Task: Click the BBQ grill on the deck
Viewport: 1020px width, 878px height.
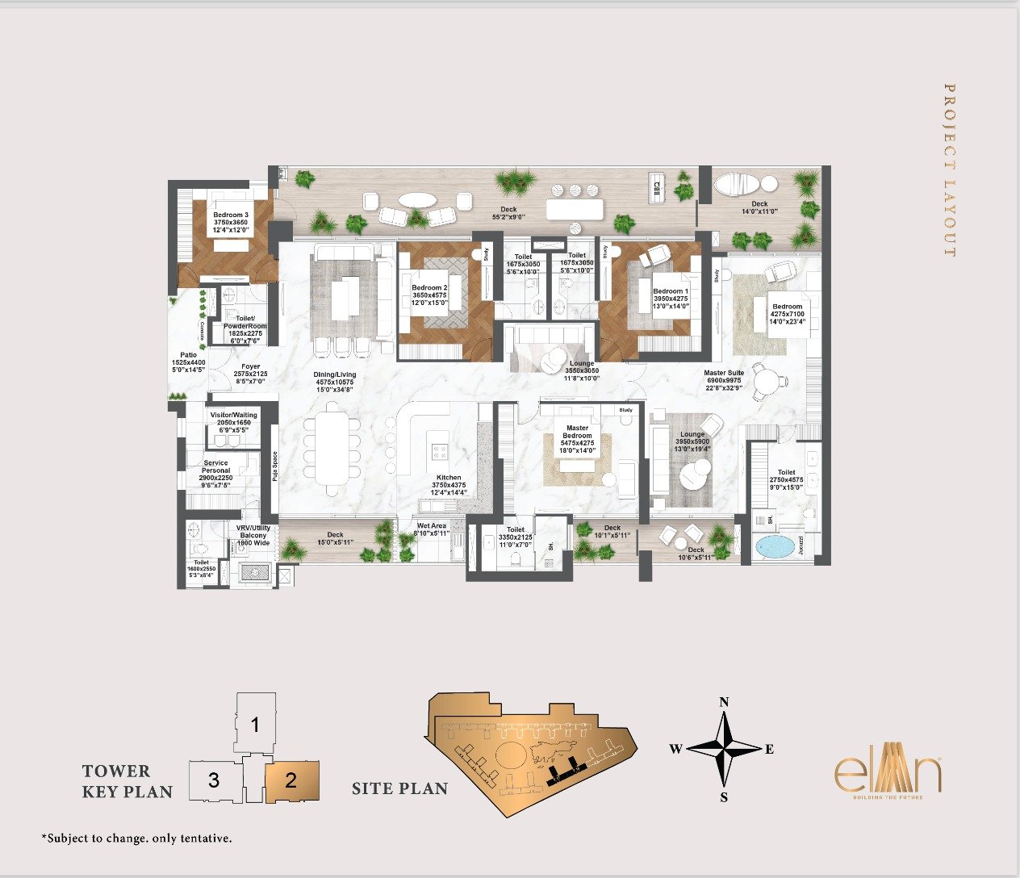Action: coord(657,190)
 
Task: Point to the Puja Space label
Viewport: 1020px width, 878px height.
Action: coord(274,466)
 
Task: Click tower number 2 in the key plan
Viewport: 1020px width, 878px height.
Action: coord(291,780)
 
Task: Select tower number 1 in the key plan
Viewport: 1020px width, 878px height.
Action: coord(255,725)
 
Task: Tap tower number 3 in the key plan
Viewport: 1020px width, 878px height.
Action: coord(213,780)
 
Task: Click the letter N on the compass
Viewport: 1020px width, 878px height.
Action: coord(724,702)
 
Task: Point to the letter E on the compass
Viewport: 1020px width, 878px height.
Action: coord(769,750)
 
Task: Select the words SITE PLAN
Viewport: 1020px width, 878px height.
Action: coord(399,788)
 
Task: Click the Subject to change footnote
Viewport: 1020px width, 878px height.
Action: coord(136,838)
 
